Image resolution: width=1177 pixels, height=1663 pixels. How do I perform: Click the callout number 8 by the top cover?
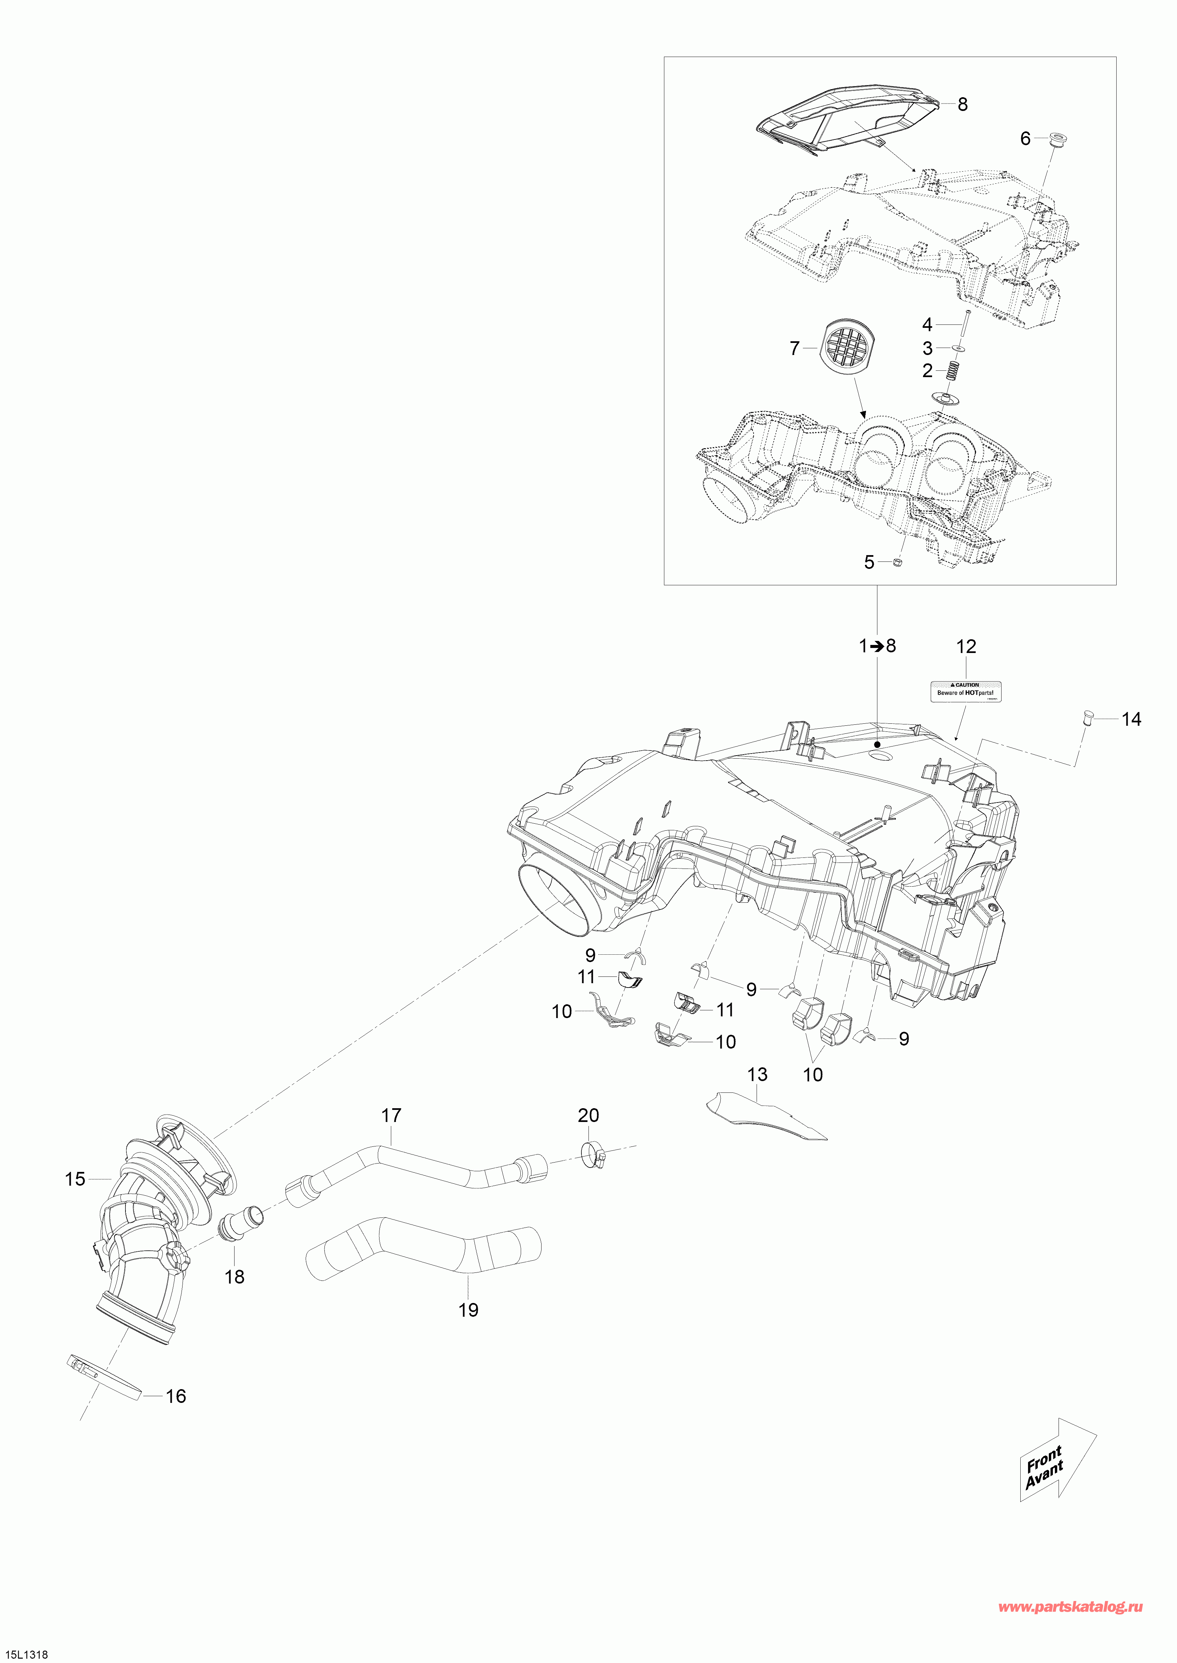(963, 104)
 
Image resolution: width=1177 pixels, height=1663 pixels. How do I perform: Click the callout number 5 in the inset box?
(869, 562)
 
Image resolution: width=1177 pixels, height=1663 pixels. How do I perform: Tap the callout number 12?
(966, 647)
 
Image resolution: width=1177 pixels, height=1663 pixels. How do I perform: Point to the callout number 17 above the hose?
(391, 1116)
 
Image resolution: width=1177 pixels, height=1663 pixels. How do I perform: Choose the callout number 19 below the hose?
(468, 1310)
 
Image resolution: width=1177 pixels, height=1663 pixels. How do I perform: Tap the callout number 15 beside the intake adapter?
(75, 1179)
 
